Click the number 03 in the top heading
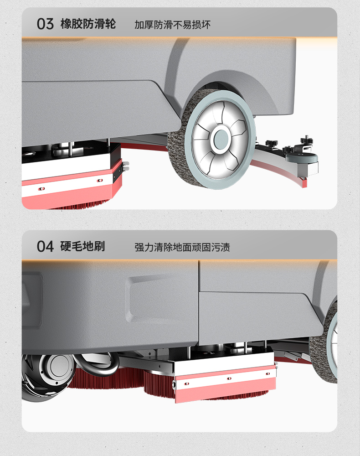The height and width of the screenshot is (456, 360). click(45, 24)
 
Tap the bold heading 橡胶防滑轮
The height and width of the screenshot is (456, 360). click(88, 24)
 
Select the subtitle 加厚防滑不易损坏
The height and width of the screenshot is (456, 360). click(172, 25)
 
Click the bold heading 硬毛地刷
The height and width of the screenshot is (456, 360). click(82, 247)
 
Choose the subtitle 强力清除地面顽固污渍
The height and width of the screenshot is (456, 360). click(182, 248)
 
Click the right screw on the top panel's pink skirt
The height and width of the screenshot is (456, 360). click(100, 181)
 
